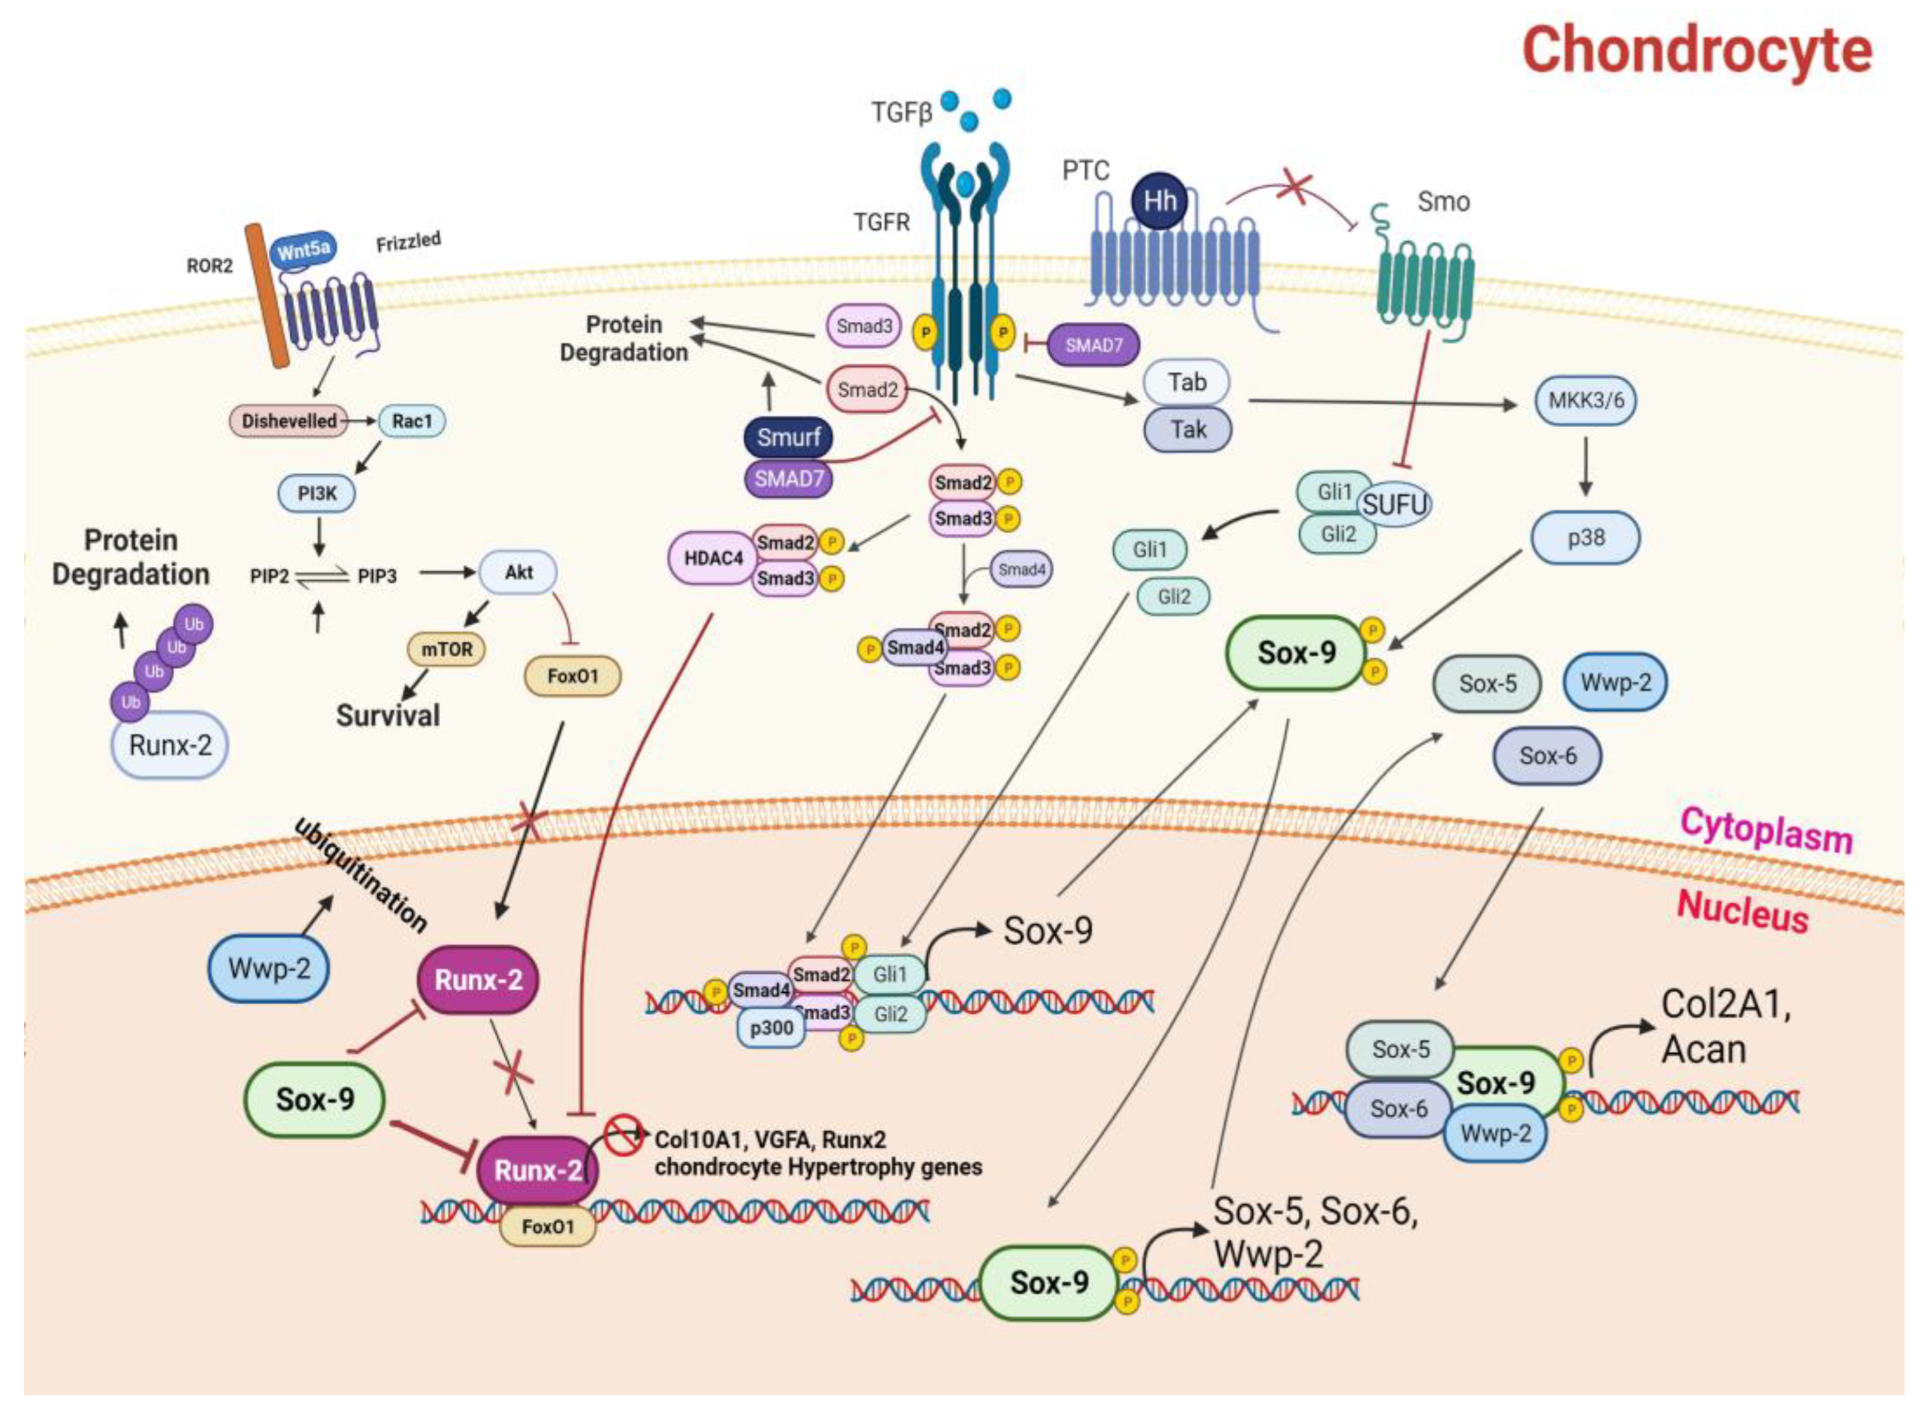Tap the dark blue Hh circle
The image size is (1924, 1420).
tap(1159, 201)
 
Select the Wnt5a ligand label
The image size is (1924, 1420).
tap(304, 250)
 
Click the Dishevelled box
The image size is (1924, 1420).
tap(289, 421)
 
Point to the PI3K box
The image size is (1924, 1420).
tap(317, 494)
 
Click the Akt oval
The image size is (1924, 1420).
tap(518, 572)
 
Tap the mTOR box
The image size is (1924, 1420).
tap(446, 649)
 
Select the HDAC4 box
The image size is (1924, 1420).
tap(713, 559)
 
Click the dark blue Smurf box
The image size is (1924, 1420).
tap(788, 438)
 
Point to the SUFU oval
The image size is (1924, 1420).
tap(1394, 505)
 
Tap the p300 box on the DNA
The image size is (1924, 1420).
tap(771, 1028)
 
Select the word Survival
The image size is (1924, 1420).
tap(388, 716)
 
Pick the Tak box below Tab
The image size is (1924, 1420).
tap(1187, 430)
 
